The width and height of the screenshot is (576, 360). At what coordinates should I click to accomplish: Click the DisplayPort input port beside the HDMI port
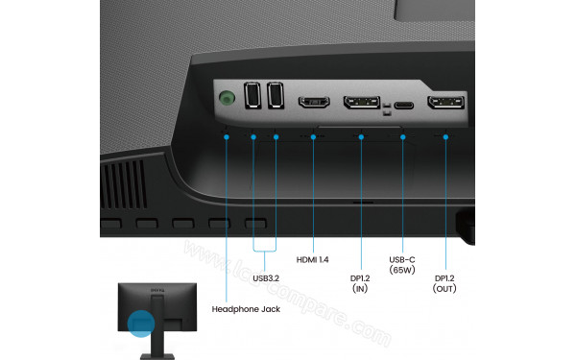pyautogui.click(x=362, y=104)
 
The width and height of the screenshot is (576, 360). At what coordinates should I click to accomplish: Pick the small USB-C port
pyautogui.click(x=403, y=105)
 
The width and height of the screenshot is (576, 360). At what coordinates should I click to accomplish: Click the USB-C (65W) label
pyautogui.click(x=403, y=265)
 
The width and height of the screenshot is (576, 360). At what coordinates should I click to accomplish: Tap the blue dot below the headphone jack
pyautogui.click(x=228, y=136)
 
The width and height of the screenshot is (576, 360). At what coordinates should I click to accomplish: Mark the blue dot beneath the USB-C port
pyautogui.click(x=403, y=136)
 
